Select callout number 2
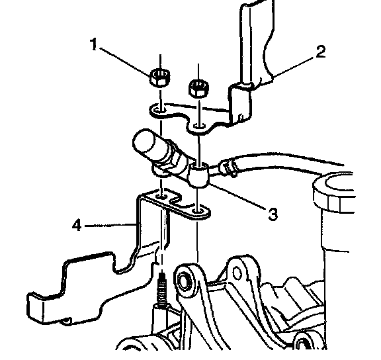click(x=321, y=52)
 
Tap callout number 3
click(x=273, y=214)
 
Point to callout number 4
click(x=77, y=225)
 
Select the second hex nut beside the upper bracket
click(x=198, y=88)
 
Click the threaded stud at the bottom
click(x=162, y=290)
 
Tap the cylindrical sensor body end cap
click(x=145, y=141)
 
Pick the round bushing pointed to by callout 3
click(x=199, y=175)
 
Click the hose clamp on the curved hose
click(x=228, y=167)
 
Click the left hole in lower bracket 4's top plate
click(x=161, y=196)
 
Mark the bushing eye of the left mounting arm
click(x=185, y=281)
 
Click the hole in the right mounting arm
click(x=237, y=273)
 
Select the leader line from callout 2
click(x=294, y=67)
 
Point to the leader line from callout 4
click(x=110, y=226)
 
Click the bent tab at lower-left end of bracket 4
click(x=35, y=307)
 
